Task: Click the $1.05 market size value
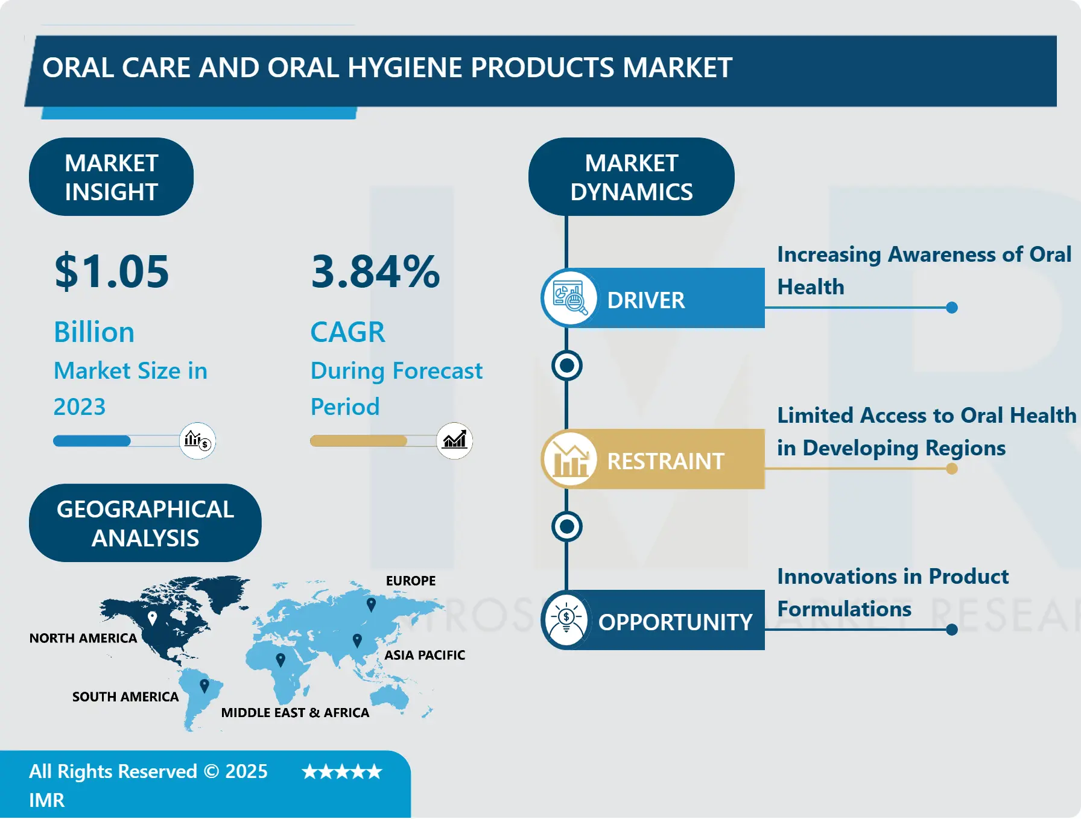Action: click(112, 271)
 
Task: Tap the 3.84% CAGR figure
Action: click(375, 271)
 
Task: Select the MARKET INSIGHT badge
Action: click(111, 177)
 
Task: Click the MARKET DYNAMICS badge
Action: click(631, 177)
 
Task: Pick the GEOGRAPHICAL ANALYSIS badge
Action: click(145, 523)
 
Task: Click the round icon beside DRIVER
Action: click(569, 298)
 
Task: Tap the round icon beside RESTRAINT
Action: click(569, 460)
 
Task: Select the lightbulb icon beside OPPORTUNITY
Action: click(566, 620)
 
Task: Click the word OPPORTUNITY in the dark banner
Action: click(674, 622)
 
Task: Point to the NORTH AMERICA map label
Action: click(83, 638)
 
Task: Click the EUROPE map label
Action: click(411, 581)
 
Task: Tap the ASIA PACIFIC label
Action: click(425, 655)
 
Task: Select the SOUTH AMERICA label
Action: click(125, 697)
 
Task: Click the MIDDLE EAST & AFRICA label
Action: click(295, 713)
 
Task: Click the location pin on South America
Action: click(204, 685)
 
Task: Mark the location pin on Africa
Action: click(280, 659)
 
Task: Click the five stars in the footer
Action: click(342, 772)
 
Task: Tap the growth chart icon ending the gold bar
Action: click(455, 440)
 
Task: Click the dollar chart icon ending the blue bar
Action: click(197, 441)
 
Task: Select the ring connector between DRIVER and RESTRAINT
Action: click(566, 365)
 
